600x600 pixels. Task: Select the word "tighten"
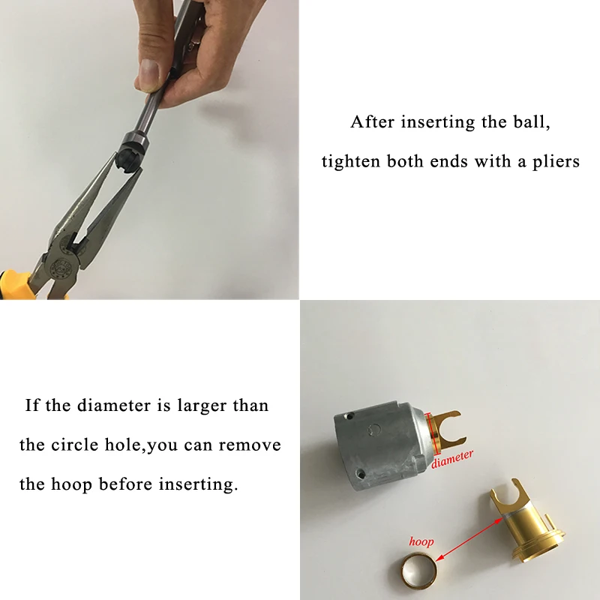coord(351,161)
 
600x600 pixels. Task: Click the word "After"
coord(373,122)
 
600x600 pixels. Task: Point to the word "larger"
coord(203,406)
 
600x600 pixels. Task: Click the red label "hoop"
coord(421,541)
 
